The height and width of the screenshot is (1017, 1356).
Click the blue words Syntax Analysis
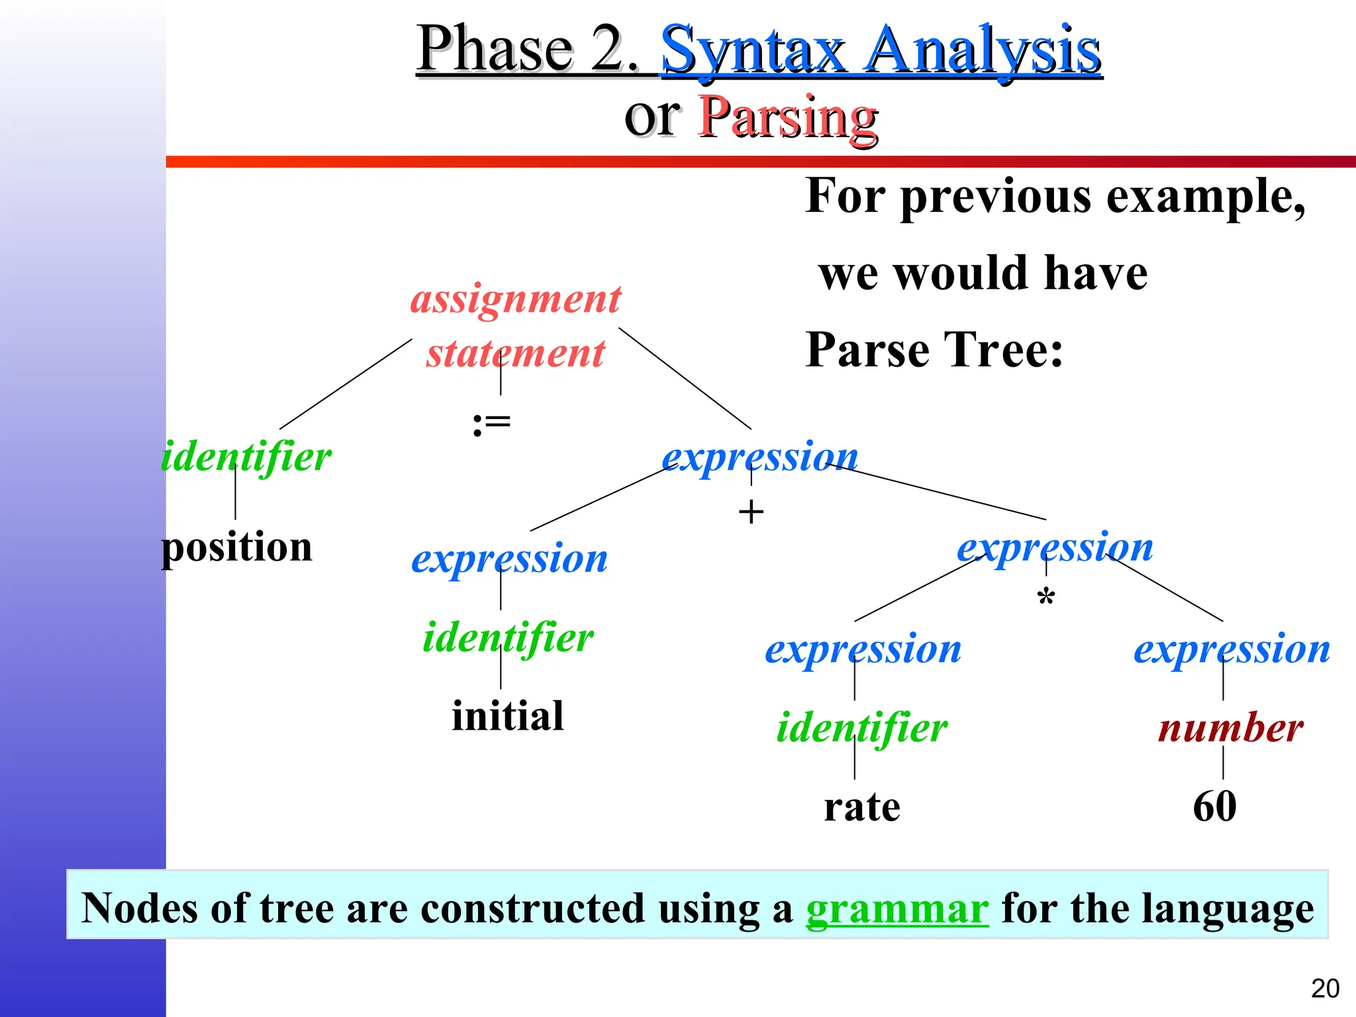pyautogui.click(x=881, y=49)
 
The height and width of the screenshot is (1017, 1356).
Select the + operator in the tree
pyautogui.click(x=751, y=512)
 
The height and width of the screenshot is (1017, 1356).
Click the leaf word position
pyautogui.click(x=236, y=548)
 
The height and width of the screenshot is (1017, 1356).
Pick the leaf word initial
pyautogui.click(x=508, y=716)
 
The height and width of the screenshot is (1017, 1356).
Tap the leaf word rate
pyautogui.click(x=862, y=806)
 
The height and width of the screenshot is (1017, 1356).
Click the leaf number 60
pyautogui.click(x=1214, y=806)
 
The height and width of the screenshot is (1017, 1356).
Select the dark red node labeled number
pyautogui.click(x=1230, y=728)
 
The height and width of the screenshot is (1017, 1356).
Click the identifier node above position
pyautogui.click(x=246, y=457)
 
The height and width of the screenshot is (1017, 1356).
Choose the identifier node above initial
pyautogui.click(x=508, y=638)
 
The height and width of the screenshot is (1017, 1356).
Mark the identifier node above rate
pyautogui.click(x=862, y=728)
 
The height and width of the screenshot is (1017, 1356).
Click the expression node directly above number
pyautogui.click(x=1232, y=649)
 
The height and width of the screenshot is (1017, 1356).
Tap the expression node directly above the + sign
pyautogui.click(x=760, y=457)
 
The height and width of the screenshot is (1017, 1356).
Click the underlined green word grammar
pyautogui.click(x=897, y=908)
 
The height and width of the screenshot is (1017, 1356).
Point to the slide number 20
pyautogui.click(x=1325, y=989)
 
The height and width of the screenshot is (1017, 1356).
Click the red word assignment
pyautogui.click(x=516, y=299)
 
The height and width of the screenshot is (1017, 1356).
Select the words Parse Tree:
pyautogui.click(x=934, y=350)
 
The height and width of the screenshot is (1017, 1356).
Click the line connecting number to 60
pyautogui.click(x=1223, y=762)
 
